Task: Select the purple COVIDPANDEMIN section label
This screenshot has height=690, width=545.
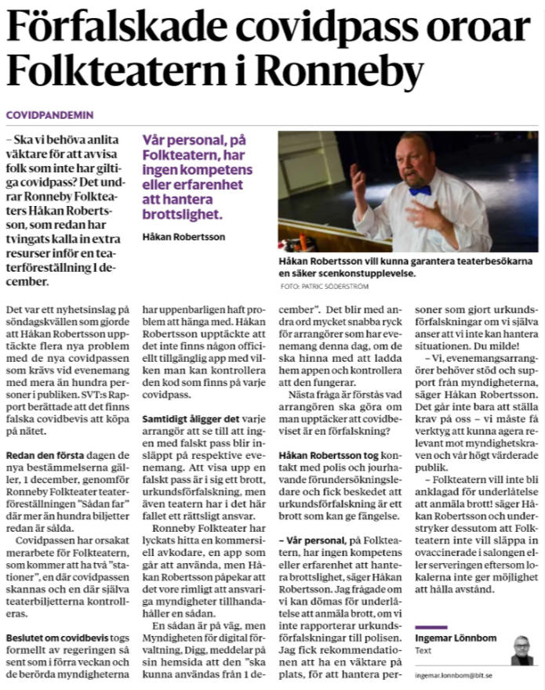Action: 49,114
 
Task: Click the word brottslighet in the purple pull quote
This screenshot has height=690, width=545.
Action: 181,213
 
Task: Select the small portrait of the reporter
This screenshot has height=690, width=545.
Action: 520,649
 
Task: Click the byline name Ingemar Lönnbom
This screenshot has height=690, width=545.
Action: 456,638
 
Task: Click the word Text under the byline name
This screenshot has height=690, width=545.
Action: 423,650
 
